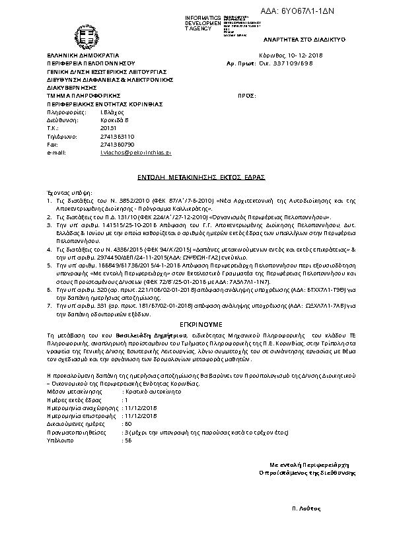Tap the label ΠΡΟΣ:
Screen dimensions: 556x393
point(246,96)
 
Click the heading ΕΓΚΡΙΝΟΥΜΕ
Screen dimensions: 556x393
point(196,326)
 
